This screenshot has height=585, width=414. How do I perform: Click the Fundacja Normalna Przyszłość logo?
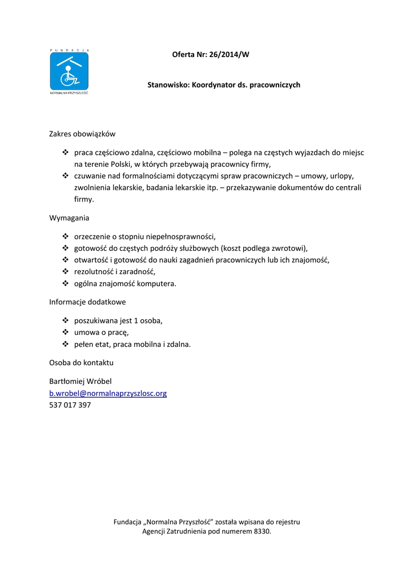[x=69, y=72]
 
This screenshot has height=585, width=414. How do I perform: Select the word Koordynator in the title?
[x=213, y=85]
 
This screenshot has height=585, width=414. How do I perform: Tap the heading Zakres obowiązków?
[x=82, y=134]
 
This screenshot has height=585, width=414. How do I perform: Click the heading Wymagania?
[x=69, y=218]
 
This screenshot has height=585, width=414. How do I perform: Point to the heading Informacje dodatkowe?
[x=87, y=302]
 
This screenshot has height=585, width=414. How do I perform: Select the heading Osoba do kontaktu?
[x=82, y=363]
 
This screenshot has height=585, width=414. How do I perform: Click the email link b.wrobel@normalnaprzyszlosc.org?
[x=108, y=394]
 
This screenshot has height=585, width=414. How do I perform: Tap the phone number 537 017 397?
[x=70, y=406]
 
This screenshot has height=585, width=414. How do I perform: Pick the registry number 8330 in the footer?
[x=261, y=531]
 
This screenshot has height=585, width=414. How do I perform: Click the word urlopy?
[x=342, y=176]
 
